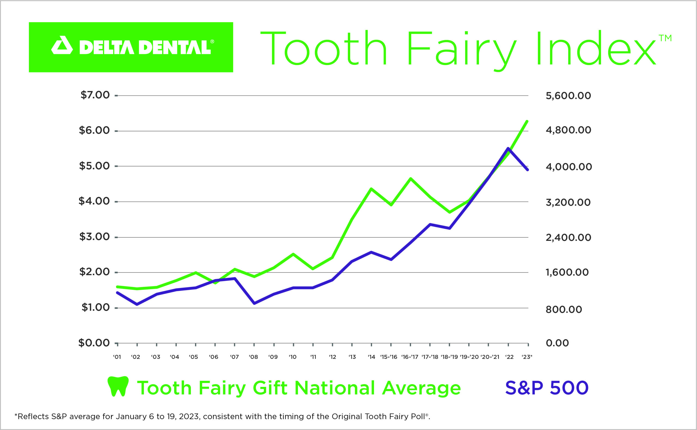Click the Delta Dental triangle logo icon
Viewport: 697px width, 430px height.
(x=62, y=46)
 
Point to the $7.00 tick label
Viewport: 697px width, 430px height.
(x=95, y=95)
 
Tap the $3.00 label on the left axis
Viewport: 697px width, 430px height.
(x=94, y=237)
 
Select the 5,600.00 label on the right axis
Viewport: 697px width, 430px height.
(x=568, y=96)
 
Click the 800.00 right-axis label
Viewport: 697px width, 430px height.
(x=564, y=309)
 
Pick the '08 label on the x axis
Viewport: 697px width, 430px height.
(x=253, y=357)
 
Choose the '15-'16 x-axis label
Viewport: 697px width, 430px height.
(x=389, y=357)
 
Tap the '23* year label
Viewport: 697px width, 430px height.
(x=527, y=357)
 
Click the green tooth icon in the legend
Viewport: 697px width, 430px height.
(x=118, y=386)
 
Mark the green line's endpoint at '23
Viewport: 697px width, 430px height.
(x=527, y=122)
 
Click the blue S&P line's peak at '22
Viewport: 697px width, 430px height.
(x=508, y=148)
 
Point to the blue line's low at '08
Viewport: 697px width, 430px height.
(x=254, y=304)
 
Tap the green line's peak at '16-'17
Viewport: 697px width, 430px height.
(x=411, y=178)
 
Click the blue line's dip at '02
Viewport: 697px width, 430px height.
(x=137, y=305)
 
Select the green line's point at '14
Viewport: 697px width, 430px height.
(x=371, y=189)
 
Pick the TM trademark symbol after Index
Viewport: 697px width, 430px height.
(x=665, y=38)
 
